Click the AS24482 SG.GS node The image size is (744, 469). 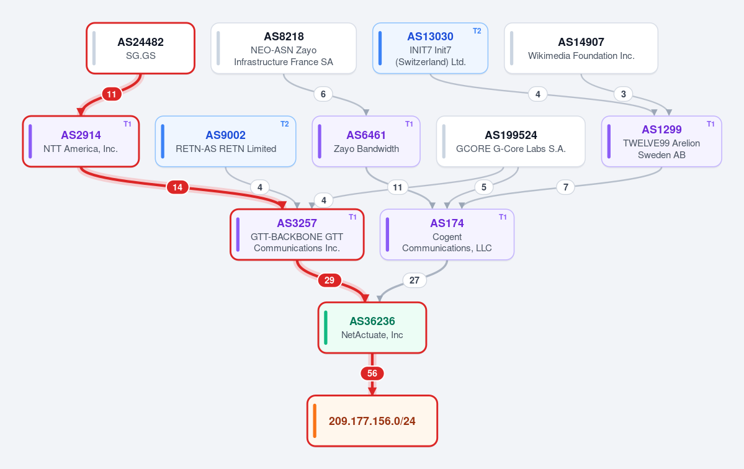pos(140,48)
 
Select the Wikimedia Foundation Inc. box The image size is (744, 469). pos(581,48)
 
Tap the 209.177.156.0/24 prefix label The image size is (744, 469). pos(372,421)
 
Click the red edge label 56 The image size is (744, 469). pos(372,373)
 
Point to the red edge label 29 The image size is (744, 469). pos(329,280)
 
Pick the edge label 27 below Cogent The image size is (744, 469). pos(415,280)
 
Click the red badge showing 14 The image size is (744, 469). pos(177,187)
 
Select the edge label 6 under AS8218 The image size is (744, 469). pos(323,94)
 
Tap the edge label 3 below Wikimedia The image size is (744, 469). pos(624,94)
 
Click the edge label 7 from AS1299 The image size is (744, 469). pos(565,187)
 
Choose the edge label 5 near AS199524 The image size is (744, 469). pos(484,187)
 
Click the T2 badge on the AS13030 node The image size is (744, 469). pos(477,31)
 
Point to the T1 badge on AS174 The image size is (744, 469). pos(503,217)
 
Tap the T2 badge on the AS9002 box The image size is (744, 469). pos(285,124)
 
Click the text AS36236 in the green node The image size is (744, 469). pos(372,321)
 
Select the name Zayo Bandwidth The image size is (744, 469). pos(366,149)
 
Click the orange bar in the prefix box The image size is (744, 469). pos(315,421)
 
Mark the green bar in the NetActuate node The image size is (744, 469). pos(326,328)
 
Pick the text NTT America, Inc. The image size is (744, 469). pos(81,149)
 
